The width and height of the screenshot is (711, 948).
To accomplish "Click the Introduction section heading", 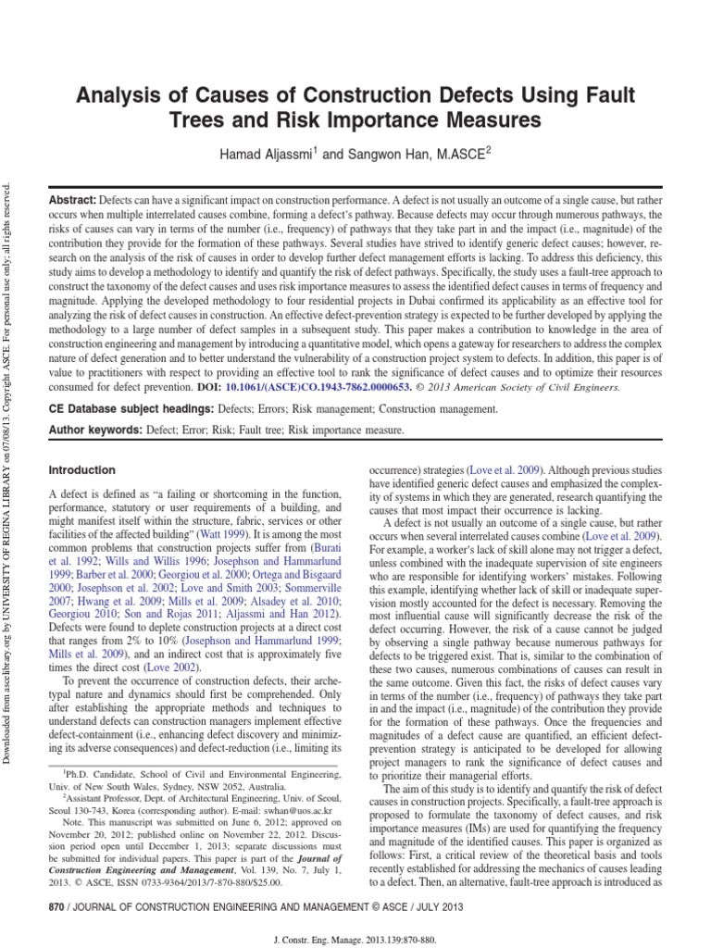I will (x=81, y=470).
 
